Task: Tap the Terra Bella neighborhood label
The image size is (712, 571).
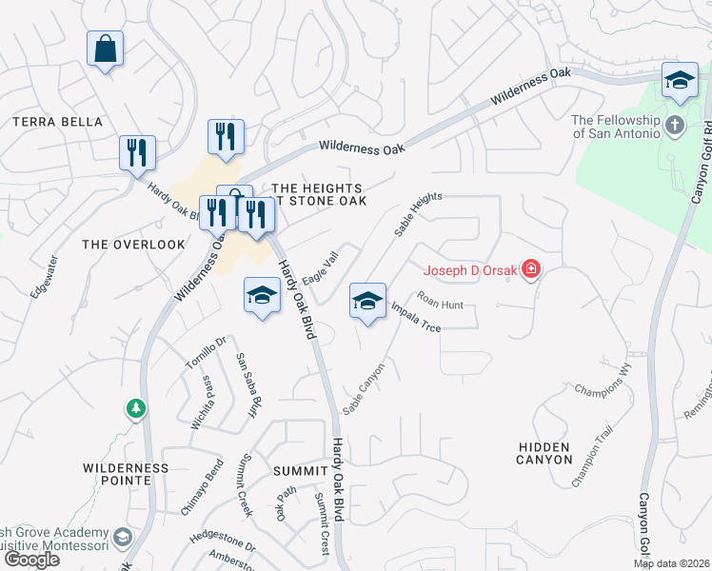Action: click(57, 122)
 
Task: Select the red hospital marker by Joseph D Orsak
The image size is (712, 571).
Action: click(530, 271)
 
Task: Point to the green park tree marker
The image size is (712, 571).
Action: click(137, 409)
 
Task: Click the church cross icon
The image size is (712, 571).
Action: click(674, 124)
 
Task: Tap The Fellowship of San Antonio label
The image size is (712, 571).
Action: click(615, 126)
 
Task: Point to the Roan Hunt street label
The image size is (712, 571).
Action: click(440, 305)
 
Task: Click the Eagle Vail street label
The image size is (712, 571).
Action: click(321, 267)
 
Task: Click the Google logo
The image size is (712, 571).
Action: click(30, 560)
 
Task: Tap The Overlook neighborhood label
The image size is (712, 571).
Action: click(134, 245)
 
